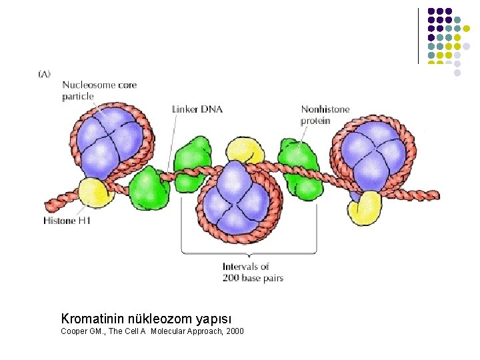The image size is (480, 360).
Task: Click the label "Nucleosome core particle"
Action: point(99,91)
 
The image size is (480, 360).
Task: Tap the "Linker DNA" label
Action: point(197,109)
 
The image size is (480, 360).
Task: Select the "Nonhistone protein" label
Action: point(325,115)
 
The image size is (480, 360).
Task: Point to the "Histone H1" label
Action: point(67,221)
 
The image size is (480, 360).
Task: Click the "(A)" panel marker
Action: point(44,74)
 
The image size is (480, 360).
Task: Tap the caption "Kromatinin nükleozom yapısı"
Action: point(146,319)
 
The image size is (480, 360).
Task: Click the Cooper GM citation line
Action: point(152,331)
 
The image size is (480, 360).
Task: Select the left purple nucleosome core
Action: point(109,141)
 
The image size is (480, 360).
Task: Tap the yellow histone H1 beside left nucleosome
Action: point(91,193)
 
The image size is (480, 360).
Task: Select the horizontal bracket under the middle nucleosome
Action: point(249,253)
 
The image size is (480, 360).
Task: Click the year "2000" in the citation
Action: point(234,331)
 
